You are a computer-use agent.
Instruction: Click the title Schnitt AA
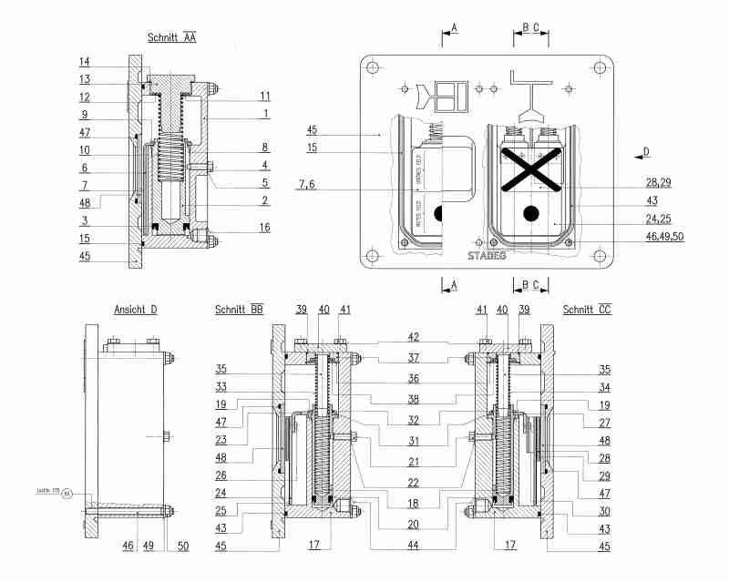(172, 38)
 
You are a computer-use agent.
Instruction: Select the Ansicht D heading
(135, 310)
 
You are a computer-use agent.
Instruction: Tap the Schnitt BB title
(240, 310)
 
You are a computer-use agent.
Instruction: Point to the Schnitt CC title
(587, 310)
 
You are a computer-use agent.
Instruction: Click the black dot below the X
(530, 215)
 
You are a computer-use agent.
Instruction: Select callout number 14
(84, 62)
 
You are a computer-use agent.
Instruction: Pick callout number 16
(263, 227)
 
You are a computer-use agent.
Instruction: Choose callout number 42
(414, 337)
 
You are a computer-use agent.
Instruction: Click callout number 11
(264, 96)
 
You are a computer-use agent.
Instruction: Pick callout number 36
(414, 378)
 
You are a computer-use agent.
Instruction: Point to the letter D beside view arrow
(647, 150)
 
